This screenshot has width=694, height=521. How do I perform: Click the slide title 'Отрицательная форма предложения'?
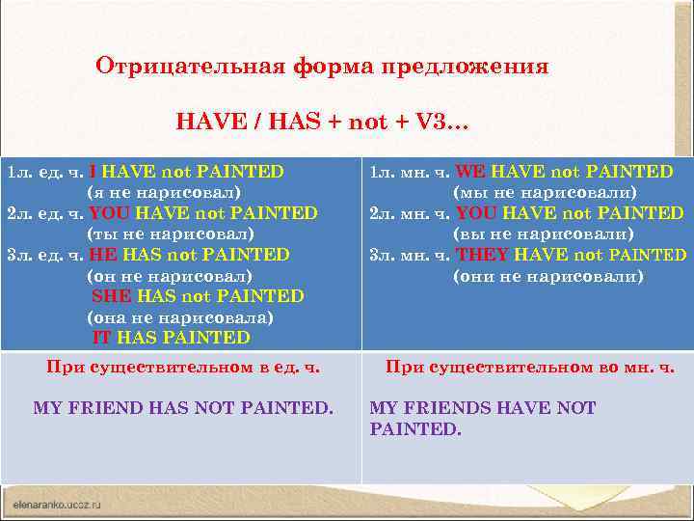[322, 67]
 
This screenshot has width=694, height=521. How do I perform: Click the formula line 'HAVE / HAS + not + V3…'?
[322, 122]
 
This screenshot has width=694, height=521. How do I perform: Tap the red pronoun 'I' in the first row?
[92, 172]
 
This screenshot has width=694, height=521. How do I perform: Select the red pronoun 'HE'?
[101, 255]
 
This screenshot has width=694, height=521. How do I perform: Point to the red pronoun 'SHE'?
[111, 296]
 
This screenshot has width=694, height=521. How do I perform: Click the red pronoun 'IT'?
[102, 338]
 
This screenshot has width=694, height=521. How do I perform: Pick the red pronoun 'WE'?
[469, 172]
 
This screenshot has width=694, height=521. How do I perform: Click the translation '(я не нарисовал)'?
[171, 192]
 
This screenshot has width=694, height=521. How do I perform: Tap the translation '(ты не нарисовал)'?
[171, 233]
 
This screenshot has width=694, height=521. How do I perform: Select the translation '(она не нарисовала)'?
[180, 317]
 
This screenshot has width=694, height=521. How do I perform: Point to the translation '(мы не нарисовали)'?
[545, 192]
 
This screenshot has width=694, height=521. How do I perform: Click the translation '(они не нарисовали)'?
[547, 276]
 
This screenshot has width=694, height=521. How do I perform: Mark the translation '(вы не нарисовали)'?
[544, 233]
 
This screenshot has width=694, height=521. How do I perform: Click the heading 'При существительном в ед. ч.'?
[183, 367]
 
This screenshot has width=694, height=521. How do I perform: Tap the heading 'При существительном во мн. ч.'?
[530, 367]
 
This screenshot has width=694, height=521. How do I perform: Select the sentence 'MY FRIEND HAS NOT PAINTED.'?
[183, 408]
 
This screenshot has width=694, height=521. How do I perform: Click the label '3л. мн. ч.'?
[410, 255]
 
